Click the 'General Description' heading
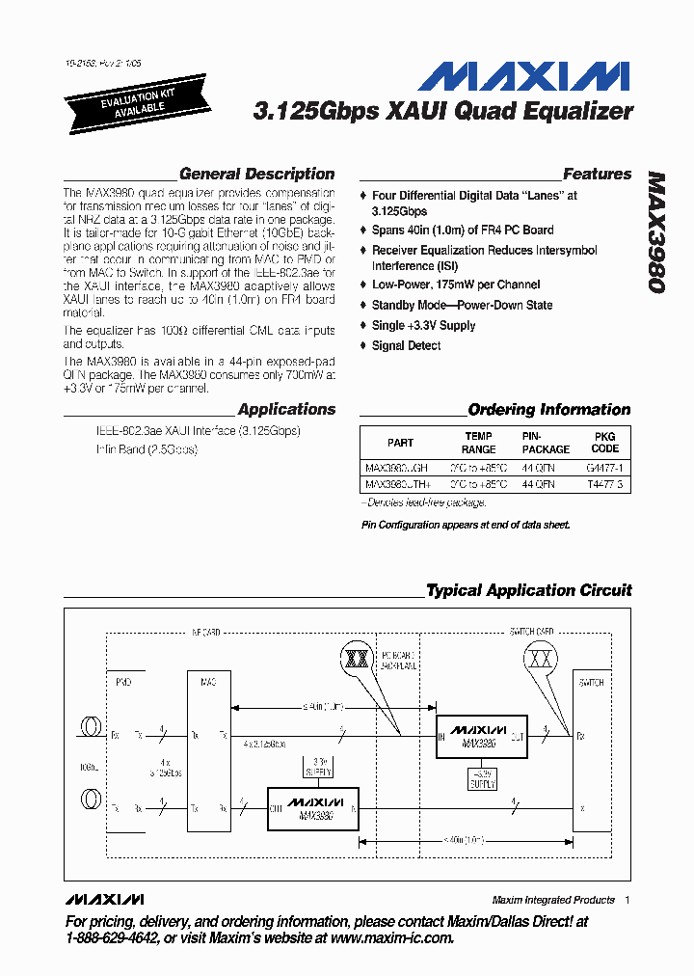coord(256,175)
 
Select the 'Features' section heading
coord(597,175)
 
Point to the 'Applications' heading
coord(286,409)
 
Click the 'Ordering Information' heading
coord(548,409)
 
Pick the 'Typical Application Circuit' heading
coord(528,590)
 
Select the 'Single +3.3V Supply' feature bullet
coord(423,326)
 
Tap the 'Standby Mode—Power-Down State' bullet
coord(462,306)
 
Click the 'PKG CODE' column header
coord(605,443)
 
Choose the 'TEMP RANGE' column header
coord(478,443)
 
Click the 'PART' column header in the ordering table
coord(400,443)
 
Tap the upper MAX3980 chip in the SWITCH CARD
coord(480,738)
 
